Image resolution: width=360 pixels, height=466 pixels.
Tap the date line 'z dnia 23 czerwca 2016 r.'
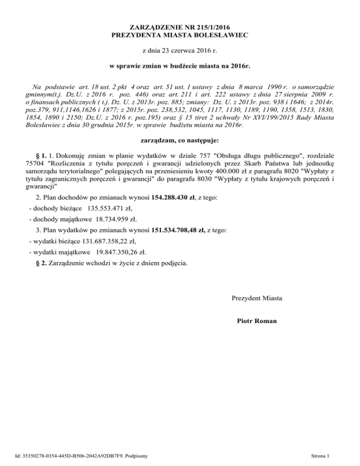pos(180,50)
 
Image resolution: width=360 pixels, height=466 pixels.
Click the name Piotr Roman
pos(257,321)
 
